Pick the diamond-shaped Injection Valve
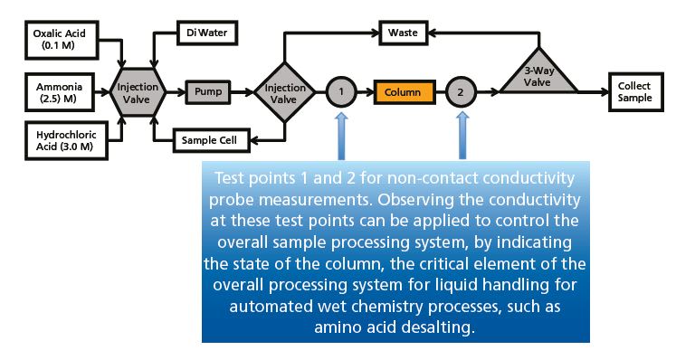point(285,90)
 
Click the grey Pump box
point(210,91)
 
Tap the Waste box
point(402,33)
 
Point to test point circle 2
point(461,91)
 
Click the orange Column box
point(401,91)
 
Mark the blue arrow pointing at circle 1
point(340,137)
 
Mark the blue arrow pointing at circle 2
point(461,137)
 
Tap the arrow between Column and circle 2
point(436,91)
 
